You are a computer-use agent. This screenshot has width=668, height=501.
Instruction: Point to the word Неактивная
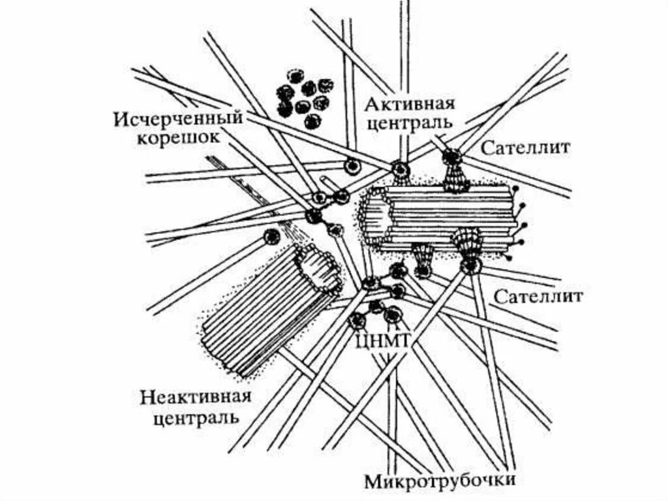196,398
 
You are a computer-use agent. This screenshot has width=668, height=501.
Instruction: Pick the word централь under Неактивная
196,417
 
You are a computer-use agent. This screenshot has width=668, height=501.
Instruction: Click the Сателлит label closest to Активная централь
526,148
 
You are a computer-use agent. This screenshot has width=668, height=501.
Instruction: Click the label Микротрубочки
441,482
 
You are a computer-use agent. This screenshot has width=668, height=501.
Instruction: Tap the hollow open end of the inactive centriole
318,269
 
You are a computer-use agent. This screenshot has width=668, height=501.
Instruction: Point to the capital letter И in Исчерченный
120,120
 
